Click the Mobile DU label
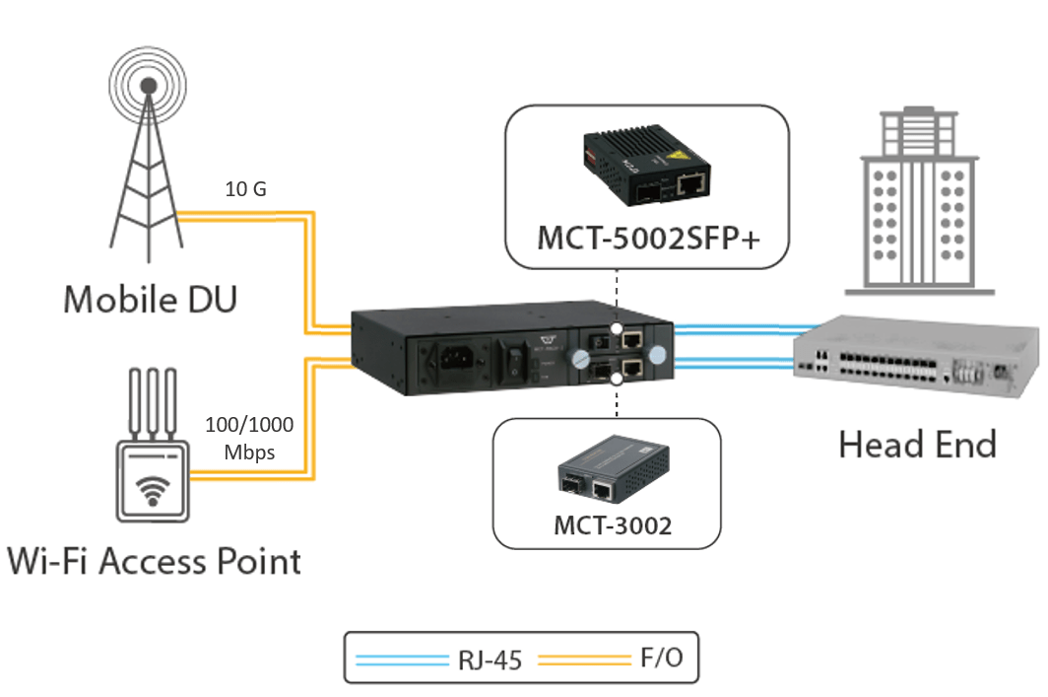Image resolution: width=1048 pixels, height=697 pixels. [150, 298]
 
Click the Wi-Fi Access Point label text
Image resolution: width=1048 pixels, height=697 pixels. [153, 562]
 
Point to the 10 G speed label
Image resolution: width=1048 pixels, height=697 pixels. [246, 189]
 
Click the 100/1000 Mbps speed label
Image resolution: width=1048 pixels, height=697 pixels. [248, 439]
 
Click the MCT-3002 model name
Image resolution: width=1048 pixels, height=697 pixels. [612, 525]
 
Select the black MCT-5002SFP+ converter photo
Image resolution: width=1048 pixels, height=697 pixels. [644, 168]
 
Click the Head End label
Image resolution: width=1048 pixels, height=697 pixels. [917, 445]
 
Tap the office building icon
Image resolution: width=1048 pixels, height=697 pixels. [916, 197]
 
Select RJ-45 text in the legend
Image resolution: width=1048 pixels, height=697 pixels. [490, 659]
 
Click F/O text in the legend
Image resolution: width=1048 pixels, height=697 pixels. [661, 657]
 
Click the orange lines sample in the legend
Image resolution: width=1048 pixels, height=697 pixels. [581, 659]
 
